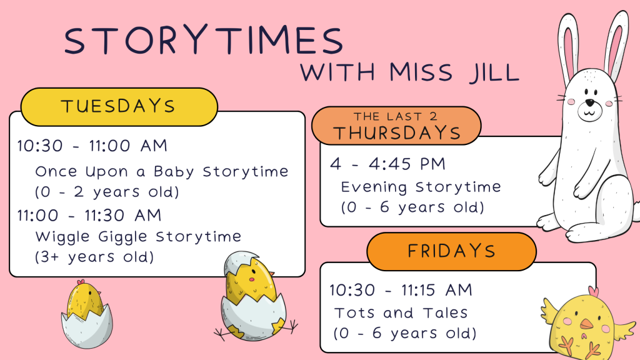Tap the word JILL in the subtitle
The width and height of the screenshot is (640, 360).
pyautogui.click(x=494, y=72)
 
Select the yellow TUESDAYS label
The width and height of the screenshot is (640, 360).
pyautogui.click(x=119, y=107)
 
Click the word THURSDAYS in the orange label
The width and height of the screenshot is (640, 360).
pyautogui.click(x=397, y=133)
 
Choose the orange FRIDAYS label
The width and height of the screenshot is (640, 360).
pyautogui.click(x=451, y=251)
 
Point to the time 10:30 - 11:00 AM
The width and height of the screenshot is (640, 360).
pyautogui.click(x=92, y=146)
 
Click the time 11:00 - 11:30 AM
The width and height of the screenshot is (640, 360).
pyautogui.click(x=89, y=215)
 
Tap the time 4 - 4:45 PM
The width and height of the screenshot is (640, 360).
pyautogui.click(x=387, y=164)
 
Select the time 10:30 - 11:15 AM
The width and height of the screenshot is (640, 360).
pyautogui.click(x=401, y=290)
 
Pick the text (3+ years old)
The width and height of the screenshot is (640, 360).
pyautogui.click(x=94, y=257)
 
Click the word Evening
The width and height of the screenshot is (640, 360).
pyautogui.click(x=374, y=187)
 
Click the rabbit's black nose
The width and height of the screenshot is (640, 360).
pyautogui.click(x=590, y=102)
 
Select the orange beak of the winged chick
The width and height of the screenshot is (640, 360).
pyautogui.click(x=586, y=324)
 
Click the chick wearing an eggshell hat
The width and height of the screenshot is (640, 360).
pyautogui.click(x=253, y=296)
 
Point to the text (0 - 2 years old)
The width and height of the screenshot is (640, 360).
pyautogui.click(x=107, y=192)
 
